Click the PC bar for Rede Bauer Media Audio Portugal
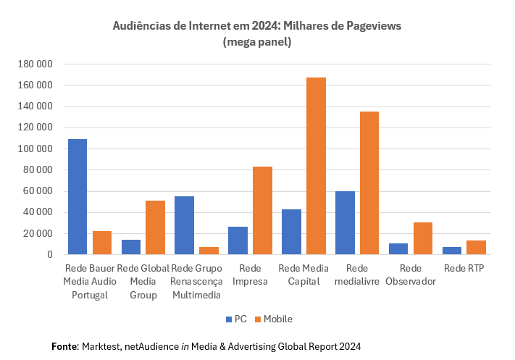[78, 196]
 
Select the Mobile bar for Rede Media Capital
[316, 166]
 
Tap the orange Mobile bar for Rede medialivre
[369, 183]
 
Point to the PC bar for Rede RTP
[452, 251]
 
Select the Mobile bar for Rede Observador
[423, 238]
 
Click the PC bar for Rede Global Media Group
[131, 247]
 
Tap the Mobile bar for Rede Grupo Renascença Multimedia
[209, 251]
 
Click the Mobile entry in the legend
[273, 319]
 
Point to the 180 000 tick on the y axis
[34, 64]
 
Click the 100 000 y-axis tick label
[34, 149]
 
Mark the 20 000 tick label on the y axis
[37, 234]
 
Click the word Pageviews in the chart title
[369, 26]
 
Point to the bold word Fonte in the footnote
[64, 346]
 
